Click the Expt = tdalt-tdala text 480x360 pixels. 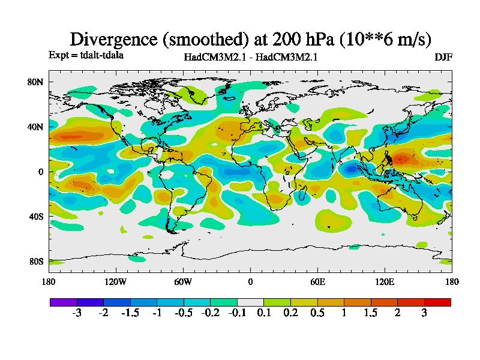pos(86,55)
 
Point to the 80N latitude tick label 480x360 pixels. pos(35,82)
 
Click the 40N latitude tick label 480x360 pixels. pos(35,127)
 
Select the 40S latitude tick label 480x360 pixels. pos(35,217)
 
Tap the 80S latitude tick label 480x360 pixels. pos(35,262)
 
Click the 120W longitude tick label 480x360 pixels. pos(116,282)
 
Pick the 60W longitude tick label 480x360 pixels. pos(183,282)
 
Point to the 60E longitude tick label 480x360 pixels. pos(317,282)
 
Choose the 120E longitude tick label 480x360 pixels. pos(385,282)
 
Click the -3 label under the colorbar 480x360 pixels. pos(77,313)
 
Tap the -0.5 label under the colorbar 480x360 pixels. pos(184,313)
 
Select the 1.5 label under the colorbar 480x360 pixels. pos(371,313)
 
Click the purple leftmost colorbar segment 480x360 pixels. pos(64,302)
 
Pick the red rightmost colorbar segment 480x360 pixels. pos(437,302)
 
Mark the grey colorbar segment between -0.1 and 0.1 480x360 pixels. pos(250,302)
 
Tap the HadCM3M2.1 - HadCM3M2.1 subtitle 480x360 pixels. pos(251,58)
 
